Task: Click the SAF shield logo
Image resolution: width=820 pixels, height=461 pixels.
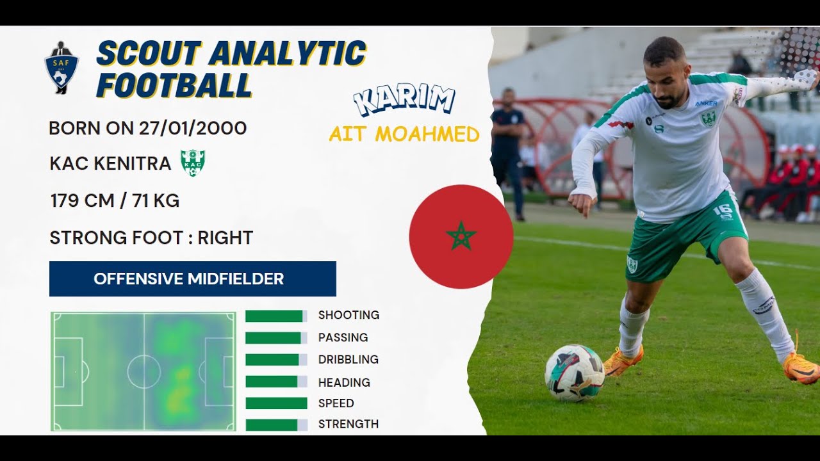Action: (61, 67)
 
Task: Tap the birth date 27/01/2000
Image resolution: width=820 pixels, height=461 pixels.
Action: (193, 128)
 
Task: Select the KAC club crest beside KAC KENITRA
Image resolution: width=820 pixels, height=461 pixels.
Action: (192, 163)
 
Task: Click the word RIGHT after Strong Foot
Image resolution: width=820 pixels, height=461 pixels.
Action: (225, 238)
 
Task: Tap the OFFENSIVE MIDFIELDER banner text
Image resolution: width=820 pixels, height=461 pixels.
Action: (189, 279)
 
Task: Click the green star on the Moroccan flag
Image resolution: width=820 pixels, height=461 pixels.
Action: (461, 237)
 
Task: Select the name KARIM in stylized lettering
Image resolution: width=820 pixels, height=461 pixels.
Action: (405, 101)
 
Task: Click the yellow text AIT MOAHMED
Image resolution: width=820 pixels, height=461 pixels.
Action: (404, 134)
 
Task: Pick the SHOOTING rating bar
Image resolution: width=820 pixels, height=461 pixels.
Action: (276, 316)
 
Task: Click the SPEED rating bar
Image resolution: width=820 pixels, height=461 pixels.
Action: (276, 403)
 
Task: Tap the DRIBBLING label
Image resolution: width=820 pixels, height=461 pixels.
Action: (348, 360)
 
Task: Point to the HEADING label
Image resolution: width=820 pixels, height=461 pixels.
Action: (344, 382)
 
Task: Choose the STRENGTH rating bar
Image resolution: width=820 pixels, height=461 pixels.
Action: (276, 425)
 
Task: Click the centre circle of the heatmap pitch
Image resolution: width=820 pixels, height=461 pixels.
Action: (143, 371)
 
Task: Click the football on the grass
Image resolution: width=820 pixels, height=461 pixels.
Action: (575, 373)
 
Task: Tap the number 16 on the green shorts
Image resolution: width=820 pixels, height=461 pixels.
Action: (723, 211)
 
